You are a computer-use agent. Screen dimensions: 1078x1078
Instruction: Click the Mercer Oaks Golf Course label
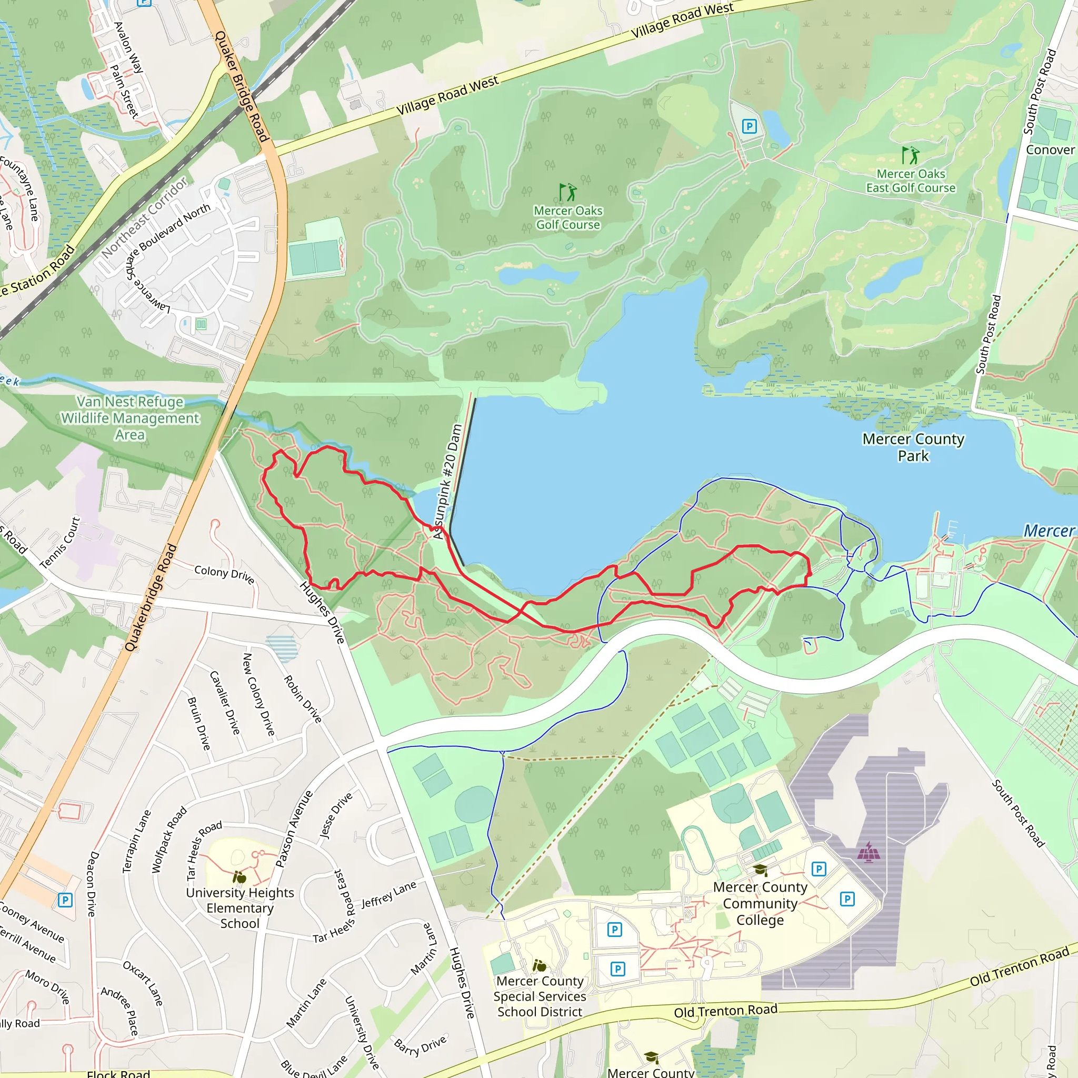click(x=568, y=217)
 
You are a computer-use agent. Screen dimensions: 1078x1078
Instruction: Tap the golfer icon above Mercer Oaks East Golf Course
click(x=910, y=155)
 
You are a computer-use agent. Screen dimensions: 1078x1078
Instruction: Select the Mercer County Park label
click(x=913, y=447)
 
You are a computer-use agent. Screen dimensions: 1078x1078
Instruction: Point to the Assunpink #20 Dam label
click(x=448, y=482)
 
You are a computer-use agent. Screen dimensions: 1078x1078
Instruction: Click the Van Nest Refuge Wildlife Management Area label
click(x=130, y=418)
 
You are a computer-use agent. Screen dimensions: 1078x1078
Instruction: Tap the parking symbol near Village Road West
click(x=749, y=127)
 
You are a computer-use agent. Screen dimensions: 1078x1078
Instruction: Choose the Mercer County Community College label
click(x=760, y=903)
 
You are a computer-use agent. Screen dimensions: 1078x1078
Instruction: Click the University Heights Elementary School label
click(x=240, y=908)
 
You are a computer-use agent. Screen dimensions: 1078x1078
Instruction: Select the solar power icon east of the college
click(x=869, y=852)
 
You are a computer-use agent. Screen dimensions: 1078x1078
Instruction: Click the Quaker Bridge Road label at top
click(x=242, y=86)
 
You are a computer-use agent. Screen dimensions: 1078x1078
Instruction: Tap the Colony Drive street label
click(x=224, y=574)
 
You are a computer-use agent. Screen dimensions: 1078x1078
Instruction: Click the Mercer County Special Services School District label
click(x=540, y=996)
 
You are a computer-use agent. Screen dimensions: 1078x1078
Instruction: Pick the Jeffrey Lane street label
click(x=388, y=894)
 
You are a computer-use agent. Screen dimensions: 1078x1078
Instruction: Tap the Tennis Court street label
click(x=60, y=543)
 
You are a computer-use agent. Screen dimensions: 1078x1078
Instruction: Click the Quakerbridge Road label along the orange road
click(x=151, y=597)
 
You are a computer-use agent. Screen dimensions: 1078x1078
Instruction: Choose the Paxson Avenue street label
click(x=294, y=829)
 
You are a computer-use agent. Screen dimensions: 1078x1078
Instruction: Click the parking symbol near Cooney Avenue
click(x=65, y=900)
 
